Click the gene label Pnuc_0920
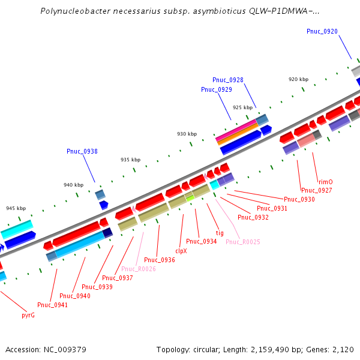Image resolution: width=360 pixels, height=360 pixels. (322, 31)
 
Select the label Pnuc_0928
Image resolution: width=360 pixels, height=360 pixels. (227, 80)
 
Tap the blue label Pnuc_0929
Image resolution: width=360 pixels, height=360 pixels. (216, 89)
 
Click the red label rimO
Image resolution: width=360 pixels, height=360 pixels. (325, 181)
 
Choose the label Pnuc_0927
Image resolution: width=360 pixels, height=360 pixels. (316, 190)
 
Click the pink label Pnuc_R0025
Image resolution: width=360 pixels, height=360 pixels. (242, 242)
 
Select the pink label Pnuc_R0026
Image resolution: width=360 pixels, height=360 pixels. (138, 269)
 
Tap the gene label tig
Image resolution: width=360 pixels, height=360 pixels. (219, 233)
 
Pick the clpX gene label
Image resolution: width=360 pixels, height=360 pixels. (181, 251)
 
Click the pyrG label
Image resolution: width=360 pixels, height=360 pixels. (28, 314)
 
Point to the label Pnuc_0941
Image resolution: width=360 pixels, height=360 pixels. (52, 305)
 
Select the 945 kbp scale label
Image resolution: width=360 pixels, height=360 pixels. (16, 208)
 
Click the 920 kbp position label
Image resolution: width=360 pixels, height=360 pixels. (298, 79)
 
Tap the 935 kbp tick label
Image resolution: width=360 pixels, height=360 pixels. (130, 160)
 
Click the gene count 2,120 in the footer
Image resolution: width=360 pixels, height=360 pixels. (344, 349)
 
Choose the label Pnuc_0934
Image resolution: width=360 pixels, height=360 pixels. (201, 241)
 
